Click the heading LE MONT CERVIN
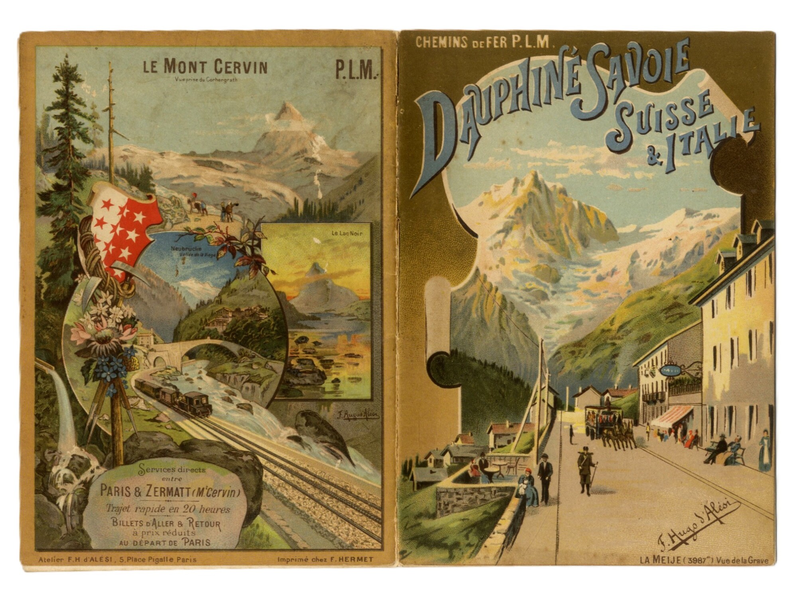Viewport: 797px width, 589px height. [205, 67]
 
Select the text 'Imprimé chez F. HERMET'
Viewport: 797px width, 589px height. [325, 559]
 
